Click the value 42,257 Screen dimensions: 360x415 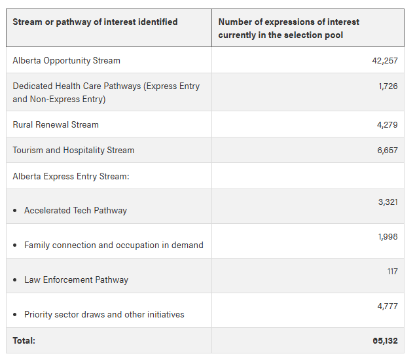(x=384, y=60)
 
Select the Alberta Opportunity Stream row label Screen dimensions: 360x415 (x=66, y=60)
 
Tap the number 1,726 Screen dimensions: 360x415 (x=388, y=86)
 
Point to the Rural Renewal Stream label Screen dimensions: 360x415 (x=56, y=124)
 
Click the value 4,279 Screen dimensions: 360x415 (x=387, y=124)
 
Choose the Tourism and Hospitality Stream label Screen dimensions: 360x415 (x=73, y=150)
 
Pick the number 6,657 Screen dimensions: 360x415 (x=387, y=150)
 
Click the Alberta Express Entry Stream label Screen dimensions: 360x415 (x=71, y=176)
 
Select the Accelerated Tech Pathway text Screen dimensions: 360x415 (x=75, y=210)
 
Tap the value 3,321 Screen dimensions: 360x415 (x=388, y=202)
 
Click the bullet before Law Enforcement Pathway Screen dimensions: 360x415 (x=15, y=280)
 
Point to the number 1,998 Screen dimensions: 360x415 (x=388, y=236)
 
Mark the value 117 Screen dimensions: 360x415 (x=392, y=271)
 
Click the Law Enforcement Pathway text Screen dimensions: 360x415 (x=76, y=279)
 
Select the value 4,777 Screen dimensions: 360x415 (x=388, y=306)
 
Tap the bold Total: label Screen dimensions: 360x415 (x=24, y=340)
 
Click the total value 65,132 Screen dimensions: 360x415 (x=385, y=340)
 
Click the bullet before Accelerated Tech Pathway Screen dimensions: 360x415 (x=15, y=211)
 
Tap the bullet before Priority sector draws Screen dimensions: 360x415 (x=15, y=315)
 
